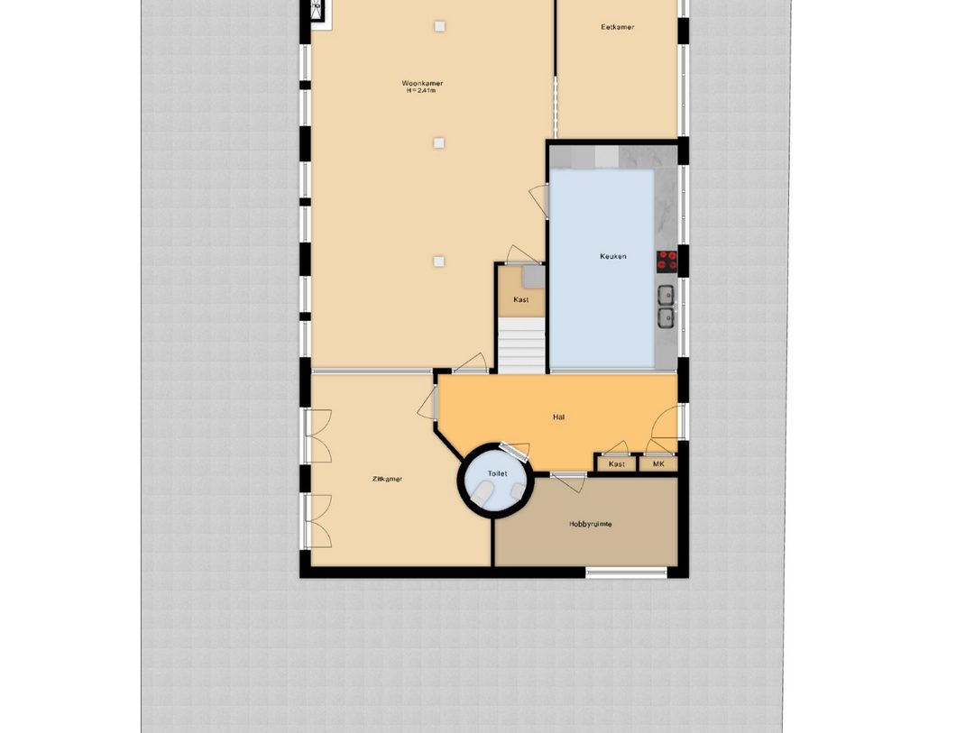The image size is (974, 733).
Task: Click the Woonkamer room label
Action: click(x=422, y=83)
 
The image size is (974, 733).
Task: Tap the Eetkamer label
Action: click(x=618, y=27)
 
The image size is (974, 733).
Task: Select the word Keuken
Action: click(x=613, y=256)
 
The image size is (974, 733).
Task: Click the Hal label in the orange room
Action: click(x=559, y=417)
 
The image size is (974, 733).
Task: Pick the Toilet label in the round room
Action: click(x=497, y=473)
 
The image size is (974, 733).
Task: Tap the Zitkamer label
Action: click(x=387, y=479)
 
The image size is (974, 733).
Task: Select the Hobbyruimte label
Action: click(x=590, y=524)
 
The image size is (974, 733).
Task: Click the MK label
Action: click(x=658, y=464)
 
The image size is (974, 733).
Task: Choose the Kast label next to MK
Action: click(x=617, y=464)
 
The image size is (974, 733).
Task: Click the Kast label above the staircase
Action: click(x=520, y=299)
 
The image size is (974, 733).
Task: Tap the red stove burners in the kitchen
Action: click(x=667, y=261)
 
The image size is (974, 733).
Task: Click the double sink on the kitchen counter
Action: click(x=666, y=306)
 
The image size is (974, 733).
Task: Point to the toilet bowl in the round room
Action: click(x=484, y=494)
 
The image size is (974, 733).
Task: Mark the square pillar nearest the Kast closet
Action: click(x=438, y=261)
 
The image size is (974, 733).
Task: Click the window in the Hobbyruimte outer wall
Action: click(x=627, y=571)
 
